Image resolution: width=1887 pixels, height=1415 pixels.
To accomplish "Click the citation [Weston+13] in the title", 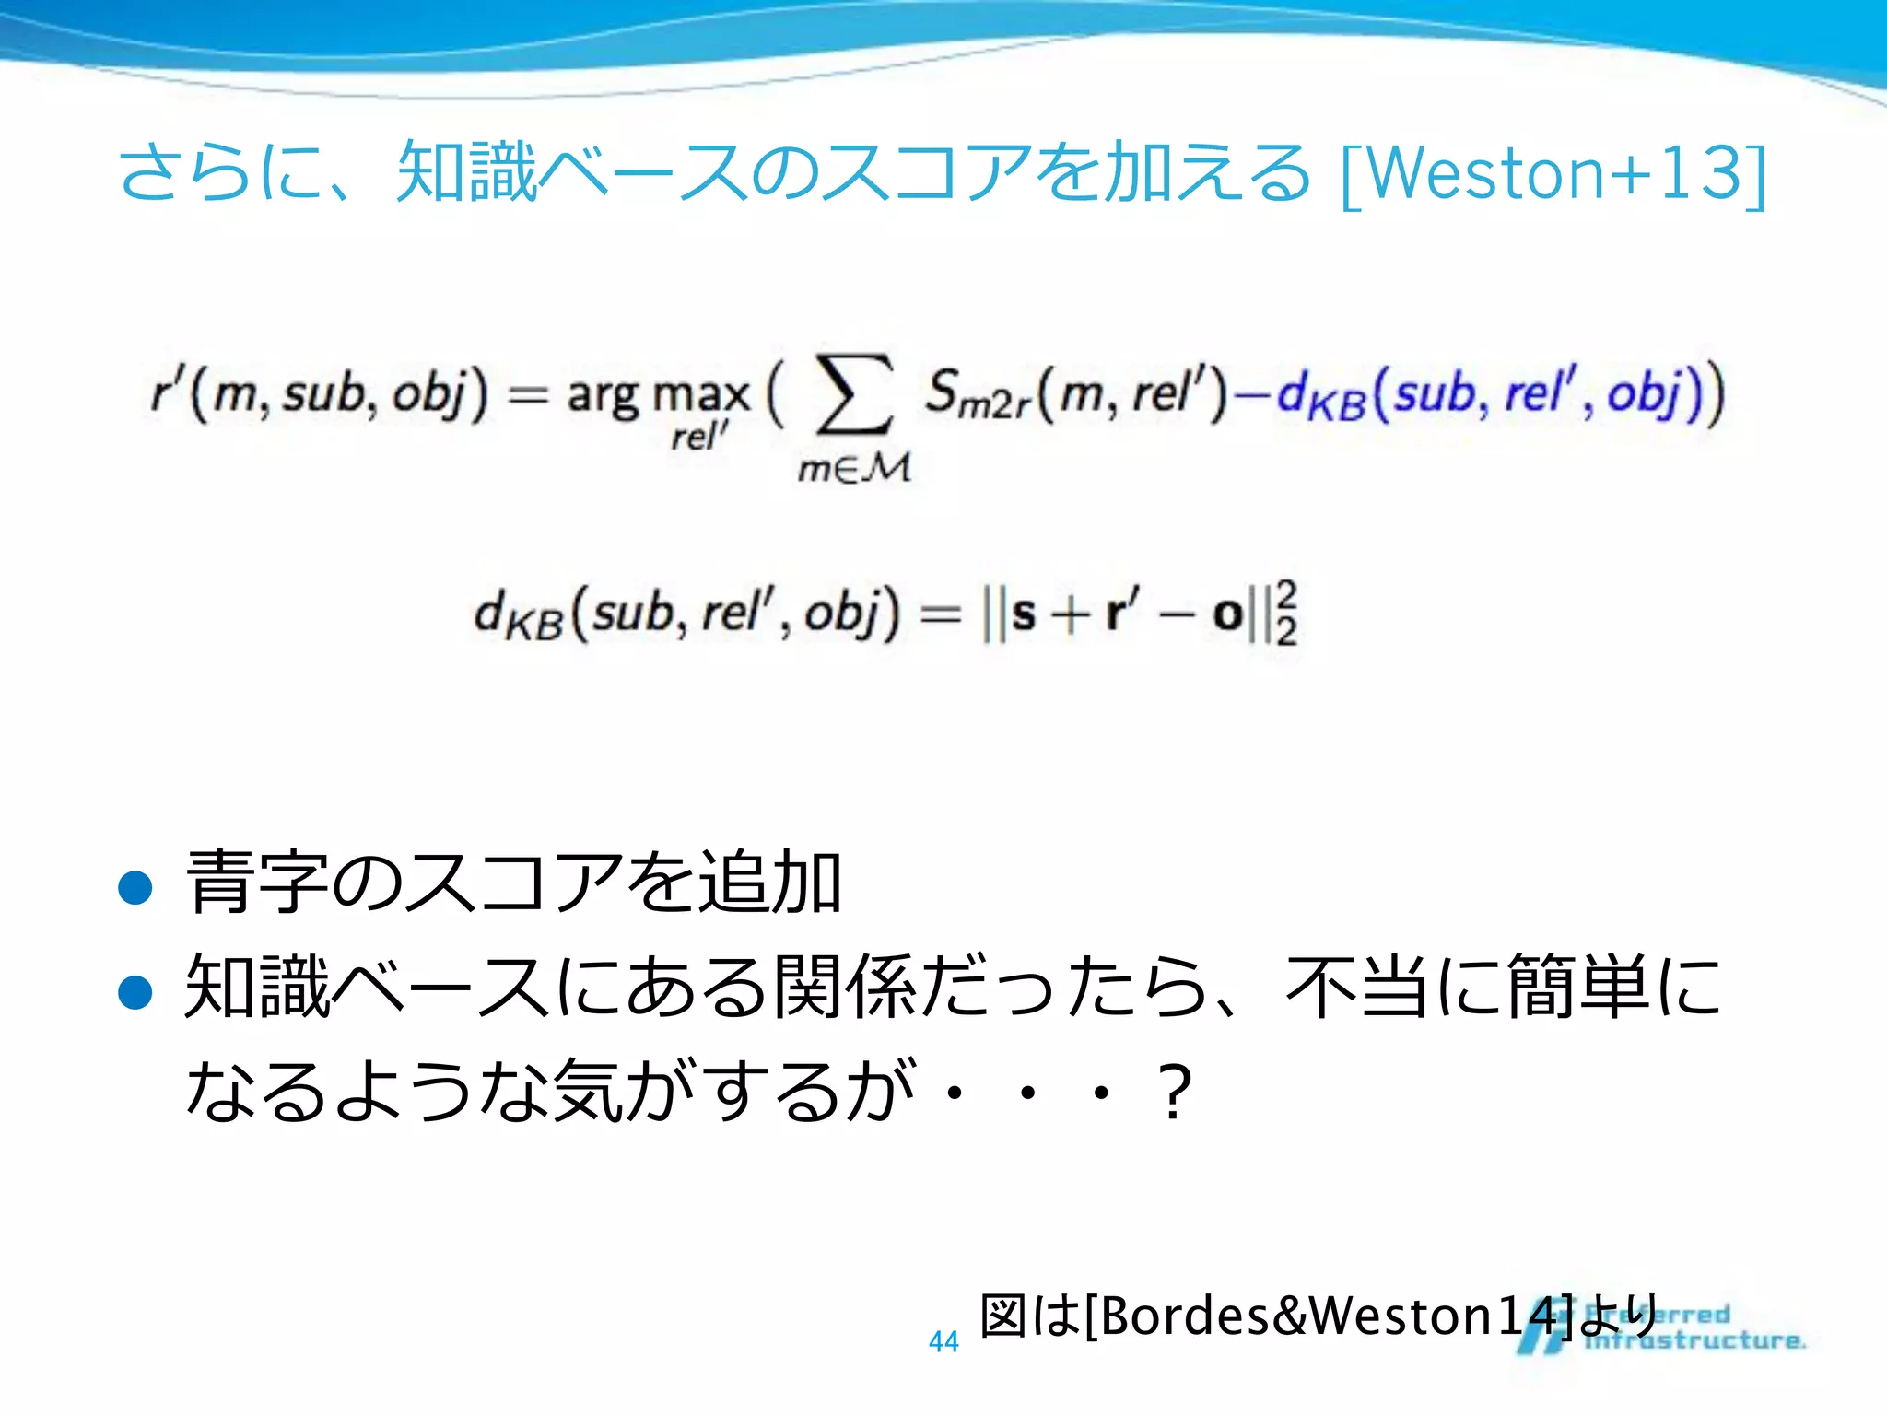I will click(1553, 173).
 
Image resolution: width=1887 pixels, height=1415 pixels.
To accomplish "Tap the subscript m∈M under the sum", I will click(854, 469).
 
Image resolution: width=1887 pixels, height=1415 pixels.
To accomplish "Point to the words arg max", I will click(658, 394).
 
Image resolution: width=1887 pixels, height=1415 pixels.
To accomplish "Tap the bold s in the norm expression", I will click(1023, 613).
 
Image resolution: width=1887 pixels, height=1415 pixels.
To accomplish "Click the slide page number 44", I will click(943, 1341).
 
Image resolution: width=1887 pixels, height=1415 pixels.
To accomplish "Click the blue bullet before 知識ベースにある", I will click(135, 992).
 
